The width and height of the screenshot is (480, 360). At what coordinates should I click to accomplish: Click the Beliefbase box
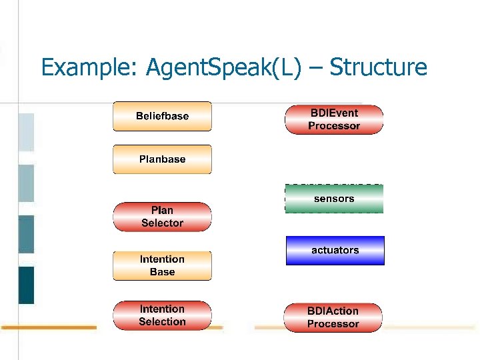[162, 116]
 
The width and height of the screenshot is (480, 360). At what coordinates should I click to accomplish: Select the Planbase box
[162, 159]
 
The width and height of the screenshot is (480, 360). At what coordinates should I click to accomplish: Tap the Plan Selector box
[162, 217]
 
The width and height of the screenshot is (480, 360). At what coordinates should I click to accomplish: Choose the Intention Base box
[162, 265]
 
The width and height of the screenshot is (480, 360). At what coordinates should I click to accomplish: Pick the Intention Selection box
[162, 315]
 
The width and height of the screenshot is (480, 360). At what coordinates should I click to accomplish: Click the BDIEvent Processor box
[334, 119]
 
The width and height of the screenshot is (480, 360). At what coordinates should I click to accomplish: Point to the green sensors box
[334, 199]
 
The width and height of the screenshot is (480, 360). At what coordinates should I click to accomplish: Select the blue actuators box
[335, 250]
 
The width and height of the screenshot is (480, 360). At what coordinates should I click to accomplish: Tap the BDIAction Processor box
[333, 317]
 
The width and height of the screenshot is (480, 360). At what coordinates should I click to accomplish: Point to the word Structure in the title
[378, 67]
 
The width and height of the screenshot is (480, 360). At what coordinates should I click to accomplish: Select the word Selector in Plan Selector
[162, 223]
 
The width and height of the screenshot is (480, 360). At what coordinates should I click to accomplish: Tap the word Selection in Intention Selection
[162, 322]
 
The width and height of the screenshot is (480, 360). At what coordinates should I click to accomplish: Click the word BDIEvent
[334, 113]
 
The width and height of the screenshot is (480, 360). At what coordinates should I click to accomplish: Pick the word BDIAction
[333, 311]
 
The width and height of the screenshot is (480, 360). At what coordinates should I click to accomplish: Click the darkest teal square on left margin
[26, 285]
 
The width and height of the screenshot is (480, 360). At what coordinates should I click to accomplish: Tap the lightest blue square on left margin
[26, 132]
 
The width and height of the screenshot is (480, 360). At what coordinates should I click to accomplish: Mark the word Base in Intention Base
[162, 272]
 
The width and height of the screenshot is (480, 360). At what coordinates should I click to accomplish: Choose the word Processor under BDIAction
[333, 324]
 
